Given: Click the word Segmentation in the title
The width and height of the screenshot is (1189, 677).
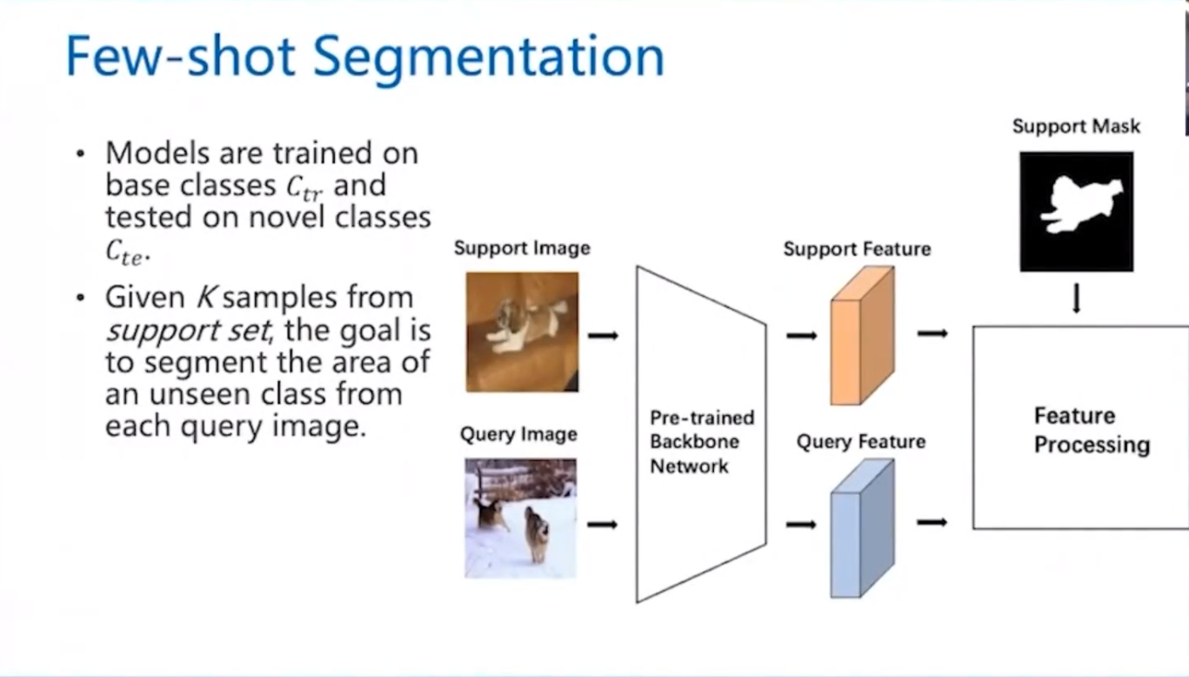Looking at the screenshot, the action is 488,57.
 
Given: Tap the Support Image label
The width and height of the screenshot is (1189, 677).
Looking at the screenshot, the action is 522,248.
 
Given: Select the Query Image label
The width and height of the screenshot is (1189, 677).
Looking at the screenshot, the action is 518,434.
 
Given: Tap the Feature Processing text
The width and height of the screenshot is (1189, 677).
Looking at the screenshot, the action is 1091,430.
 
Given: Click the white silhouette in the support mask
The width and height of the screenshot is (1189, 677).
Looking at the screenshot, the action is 1079,204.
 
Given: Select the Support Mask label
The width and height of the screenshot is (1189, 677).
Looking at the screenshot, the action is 1076,127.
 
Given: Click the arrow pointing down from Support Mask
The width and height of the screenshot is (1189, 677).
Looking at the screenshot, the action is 1076,298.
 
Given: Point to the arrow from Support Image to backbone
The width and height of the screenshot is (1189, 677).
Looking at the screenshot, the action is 602,335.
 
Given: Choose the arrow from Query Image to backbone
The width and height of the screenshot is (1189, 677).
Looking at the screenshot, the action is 602,524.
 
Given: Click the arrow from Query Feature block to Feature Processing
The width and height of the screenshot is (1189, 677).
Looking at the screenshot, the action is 932,522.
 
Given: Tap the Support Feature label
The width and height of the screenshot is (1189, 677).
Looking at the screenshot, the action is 857,250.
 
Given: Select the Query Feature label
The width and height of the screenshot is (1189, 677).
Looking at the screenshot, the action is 860,442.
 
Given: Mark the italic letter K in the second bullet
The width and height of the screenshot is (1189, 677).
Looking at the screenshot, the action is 205,298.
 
